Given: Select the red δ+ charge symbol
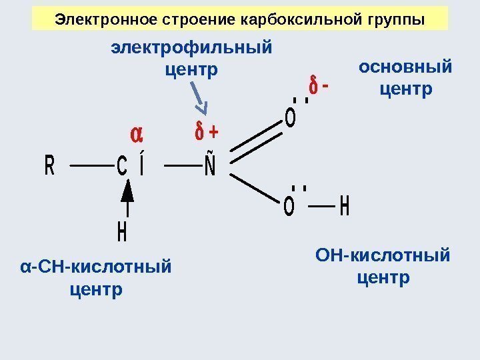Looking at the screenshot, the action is click(206, 132).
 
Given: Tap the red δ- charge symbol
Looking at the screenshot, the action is click(318, 87).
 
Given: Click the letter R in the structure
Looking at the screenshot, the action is click(49, 165).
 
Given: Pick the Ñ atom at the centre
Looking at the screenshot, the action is click(209, 164).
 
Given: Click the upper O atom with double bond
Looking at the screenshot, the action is click(290, 119).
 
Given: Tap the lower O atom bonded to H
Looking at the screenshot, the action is click(289, 207).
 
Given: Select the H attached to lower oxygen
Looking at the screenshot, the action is click(344, 207).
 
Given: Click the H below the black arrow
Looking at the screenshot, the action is click(122, 233).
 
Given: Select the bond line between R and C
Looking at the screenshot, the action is click(87, 165).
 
